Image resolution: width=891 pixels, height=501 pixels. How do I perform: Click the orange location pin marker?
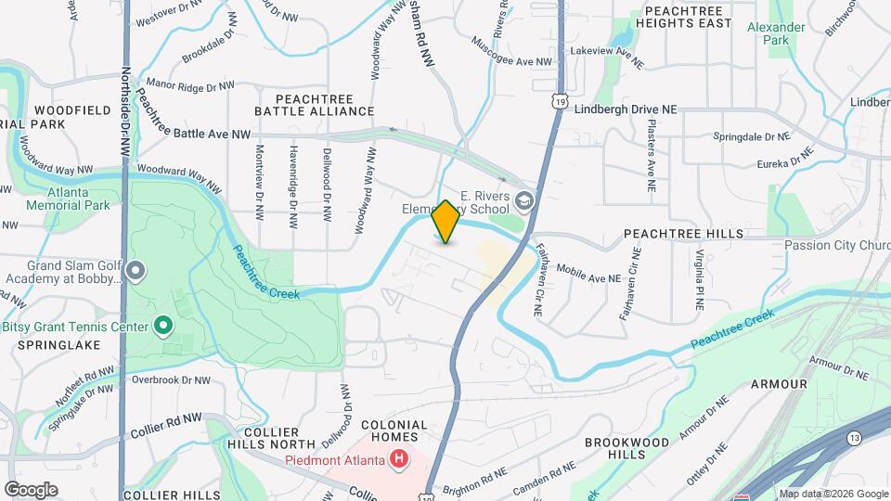pyautogui.click(x=445, y=222)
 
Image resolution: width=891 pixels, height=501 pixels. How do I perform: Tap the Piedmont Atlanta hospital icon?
pyautogui.click(x=399, y=458)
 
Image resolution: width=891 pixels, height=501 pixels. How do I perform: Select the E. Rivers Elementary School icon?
pyautogui.click(x=524, y=200)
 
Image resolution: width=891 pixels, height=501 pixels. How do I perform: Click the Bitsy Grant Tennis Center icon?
pyautogui.click(x=163, y=326)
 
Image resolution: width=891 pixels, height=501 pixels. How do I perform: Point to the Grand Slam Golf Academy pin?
pyautogui.click(x=136, y=271)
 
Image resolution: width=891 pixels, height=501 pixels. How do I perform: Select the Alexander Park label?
pyautogui.click(x=776, y=33)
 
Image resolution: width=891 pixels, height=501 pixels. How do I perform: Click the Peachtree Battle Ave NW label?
pyautogui.click(x=193, y=134)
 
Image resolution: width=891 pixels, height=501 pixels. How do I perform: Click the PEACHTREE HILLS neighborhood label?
pyautogui.click(x=683, y=234)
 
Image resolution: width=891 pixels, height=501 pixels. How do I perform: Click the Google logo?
pyautogui.click(x=31, y=489)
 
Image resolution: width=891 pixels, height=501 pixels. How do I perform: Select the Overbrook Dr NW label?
pyautogui.click(x=171, y=379)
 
